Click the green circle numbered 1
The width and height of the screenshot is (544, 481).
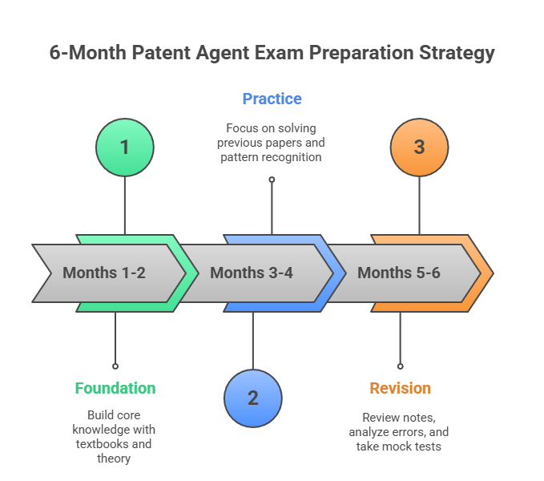click(x=124, y=148)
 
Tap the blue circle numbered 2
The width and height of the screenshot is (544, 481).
click(x=252, y=398)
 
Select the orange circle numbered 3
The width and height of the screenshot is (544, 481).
click(x=419, y=148)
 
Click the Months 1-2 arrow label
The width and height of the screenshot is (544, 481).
click(x=104, y=273)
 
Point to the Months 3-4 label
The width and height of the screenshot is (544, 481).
click(x=252, y=273)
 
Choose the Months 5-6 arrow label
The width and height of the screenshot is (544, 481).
click(x=398, y=273)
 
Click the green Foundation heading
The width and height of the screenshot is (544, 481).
click(x=115, y=388)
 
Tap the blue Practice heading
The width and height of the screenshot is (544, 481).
click(x=272, y=99)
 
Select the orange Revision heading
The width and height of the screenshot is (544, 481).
click(x=400, y=388)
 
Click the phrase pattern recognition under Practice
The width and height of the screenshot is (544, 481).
click(x=272, y=157)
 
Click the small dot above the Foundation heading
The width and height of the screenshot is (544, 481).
click(x=115, y=366)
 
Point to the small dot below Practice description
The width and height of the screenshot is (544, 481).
click(x=272, y=180)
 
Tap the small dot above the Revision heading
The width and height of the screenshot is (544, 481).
click(x=400, y=366)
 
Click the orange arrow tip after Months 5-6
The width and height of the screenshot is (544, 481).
click(x=486, y=273)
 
